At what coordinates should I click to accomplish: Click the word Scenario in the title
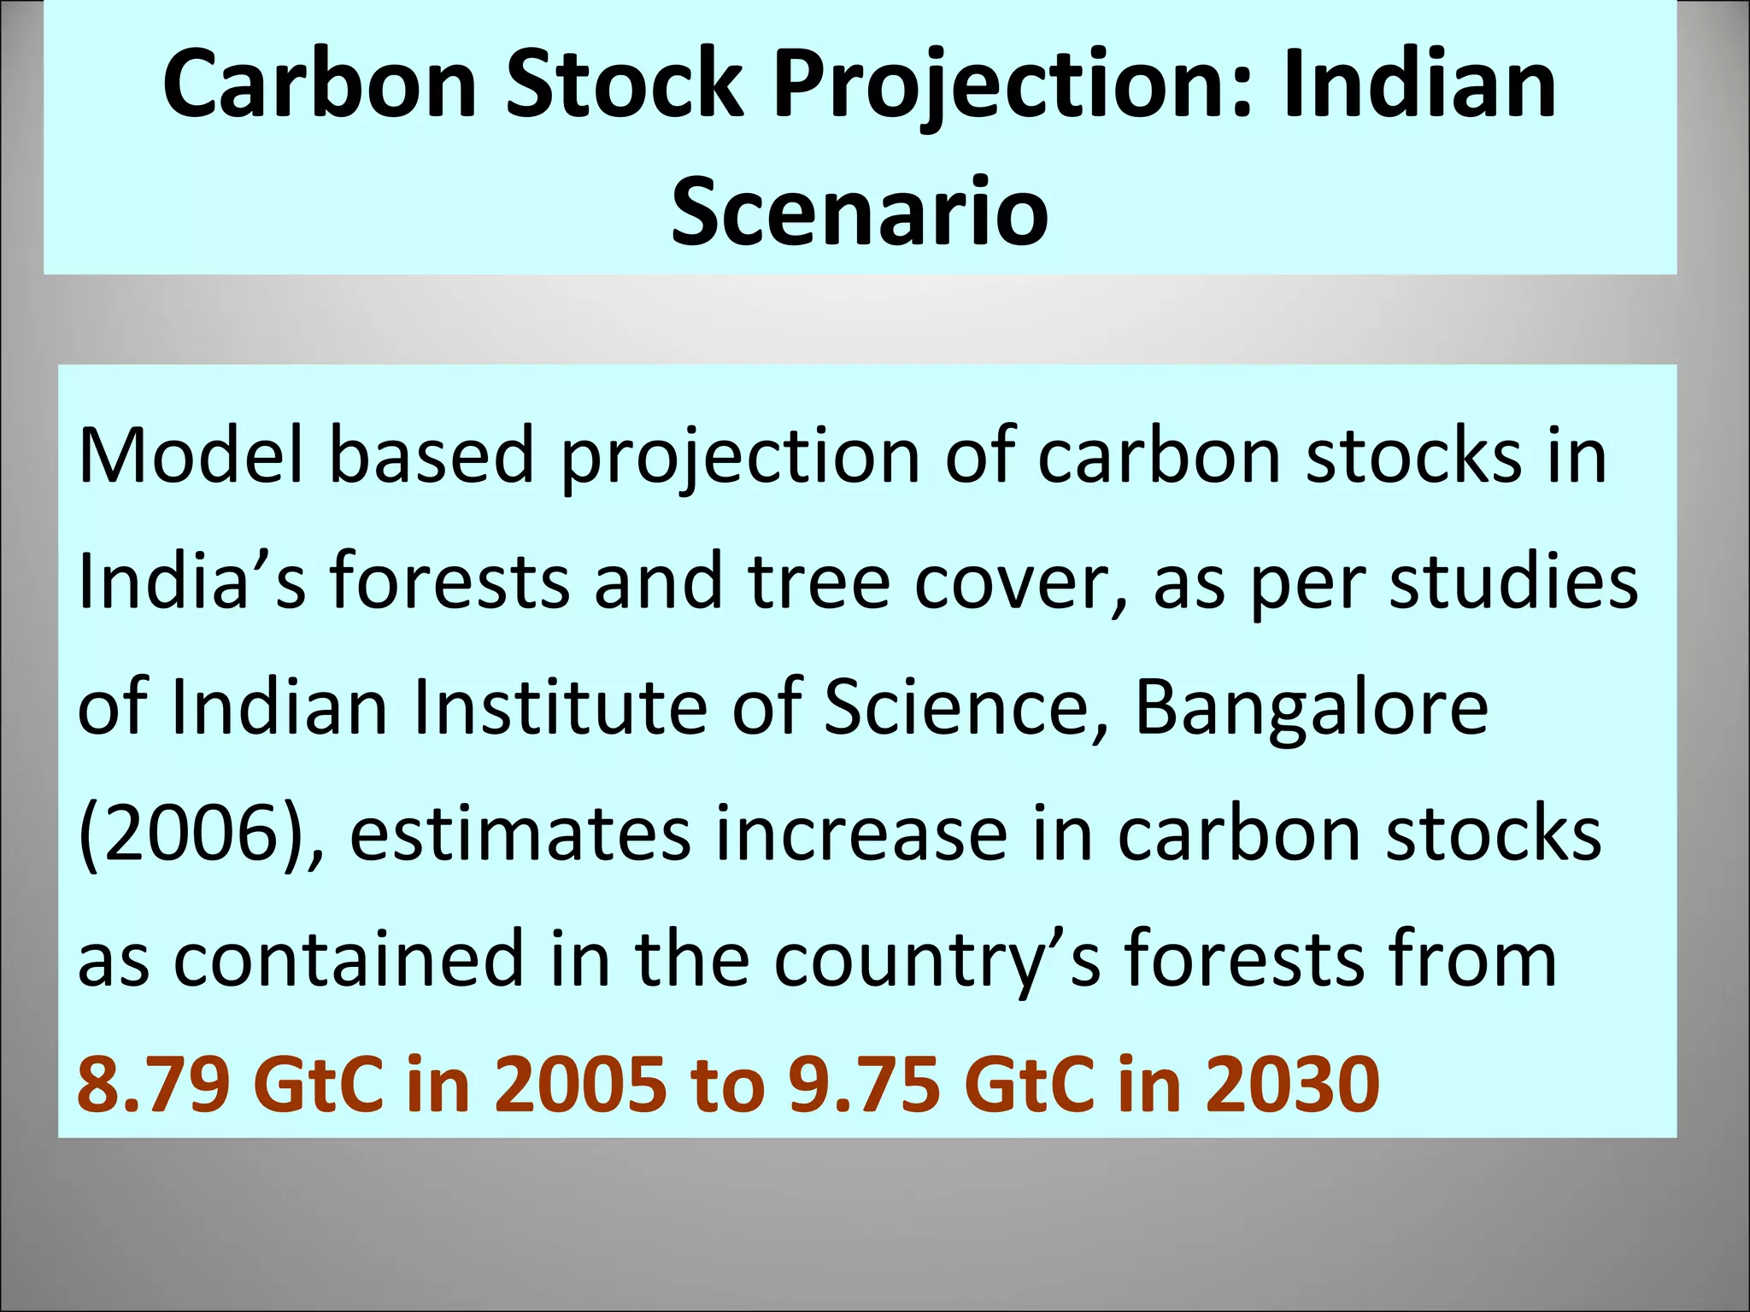tap(860, 211)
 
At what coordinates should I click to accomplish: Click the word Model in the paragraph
tap(191, 456)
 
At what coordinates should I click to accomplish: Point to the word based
tap(432, 456)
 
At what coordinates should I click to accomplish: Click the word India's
tap(191, 582)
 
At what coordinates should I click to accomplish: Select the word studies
tap(1513, 582)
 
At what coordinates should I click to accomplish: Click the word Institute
tap(561, 707)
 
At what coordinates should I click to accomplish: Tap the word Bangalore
tap(1312, 707)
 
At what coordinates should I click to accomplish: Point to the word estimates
tap(520, 834)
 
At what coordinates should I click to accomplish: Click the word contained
tap(349, 959)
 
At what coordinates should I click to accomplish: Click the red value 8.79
tap(153, 1085)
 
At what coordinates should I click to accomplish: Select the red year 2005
tap(580, 1085)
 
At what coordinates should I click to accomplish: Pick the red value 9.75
tap(864, 1085)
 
